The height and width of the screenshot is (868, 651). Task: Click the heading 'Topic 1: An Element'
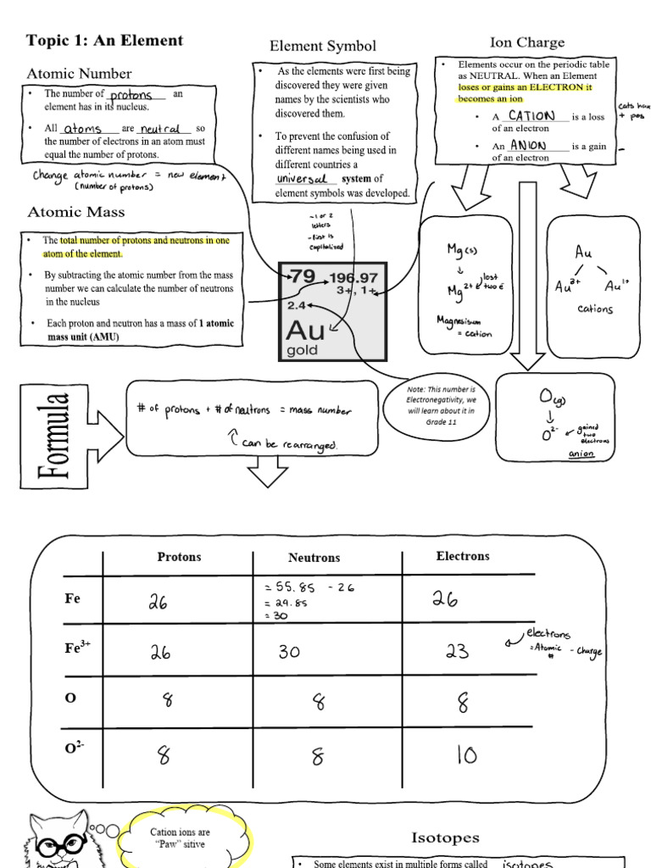pos(104,41)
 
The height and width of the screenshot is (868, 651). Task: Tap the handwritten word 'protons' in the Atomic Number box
pos(131,95)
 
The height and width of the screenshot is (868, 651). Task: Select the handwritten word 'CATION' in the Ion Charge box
pos(531,116)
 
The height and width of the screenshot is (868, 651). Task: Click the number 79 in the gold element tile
pos(303,276)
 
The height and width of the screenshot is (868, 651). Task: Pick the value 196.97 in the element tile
pos(353,277)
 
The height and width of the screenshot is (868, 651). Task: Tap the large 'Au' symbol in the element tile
pos(307,330)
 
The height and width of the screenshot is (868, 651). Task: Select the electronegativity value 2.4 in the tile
pos(296,305)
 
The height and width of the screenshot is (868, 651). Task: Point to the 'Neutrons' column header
pos(314,558)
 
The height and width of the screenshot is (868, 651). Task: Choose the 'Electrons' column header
pos(462,556)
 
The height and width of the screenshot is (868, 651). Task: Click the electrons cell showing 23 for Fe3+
pos(456,651)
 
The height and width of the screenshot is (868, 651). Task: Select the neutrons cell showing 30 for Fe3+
pos(292,651)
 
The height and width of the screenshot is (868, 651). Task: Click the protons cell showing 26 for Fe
pos(159,601)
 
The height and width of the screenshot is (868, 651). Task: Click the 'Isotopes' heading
pos(445,837)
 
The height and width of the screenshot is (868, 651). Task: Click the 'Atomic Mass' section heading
pos(76,212)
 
